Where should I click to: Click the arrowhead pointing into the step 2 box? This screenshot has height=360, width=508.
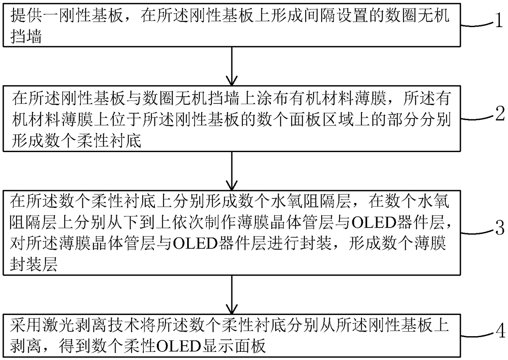click(232, 81)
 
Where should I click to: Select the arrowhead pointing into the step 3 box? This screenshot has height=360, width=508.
click(232, 185)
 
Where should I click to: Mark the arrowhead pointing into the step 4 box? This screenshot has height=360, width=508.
click(232, 309)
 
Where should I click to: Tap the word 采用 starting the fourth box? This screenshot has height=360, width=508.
click(26, 326)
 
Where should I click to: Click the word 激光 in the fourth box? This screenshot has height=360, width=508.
click(58, 326)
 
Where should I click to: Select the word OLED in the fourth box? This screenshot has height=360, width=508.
click(179, 346)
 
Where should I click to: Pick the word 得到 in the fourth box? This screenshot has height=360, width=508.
click(74, 346)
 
